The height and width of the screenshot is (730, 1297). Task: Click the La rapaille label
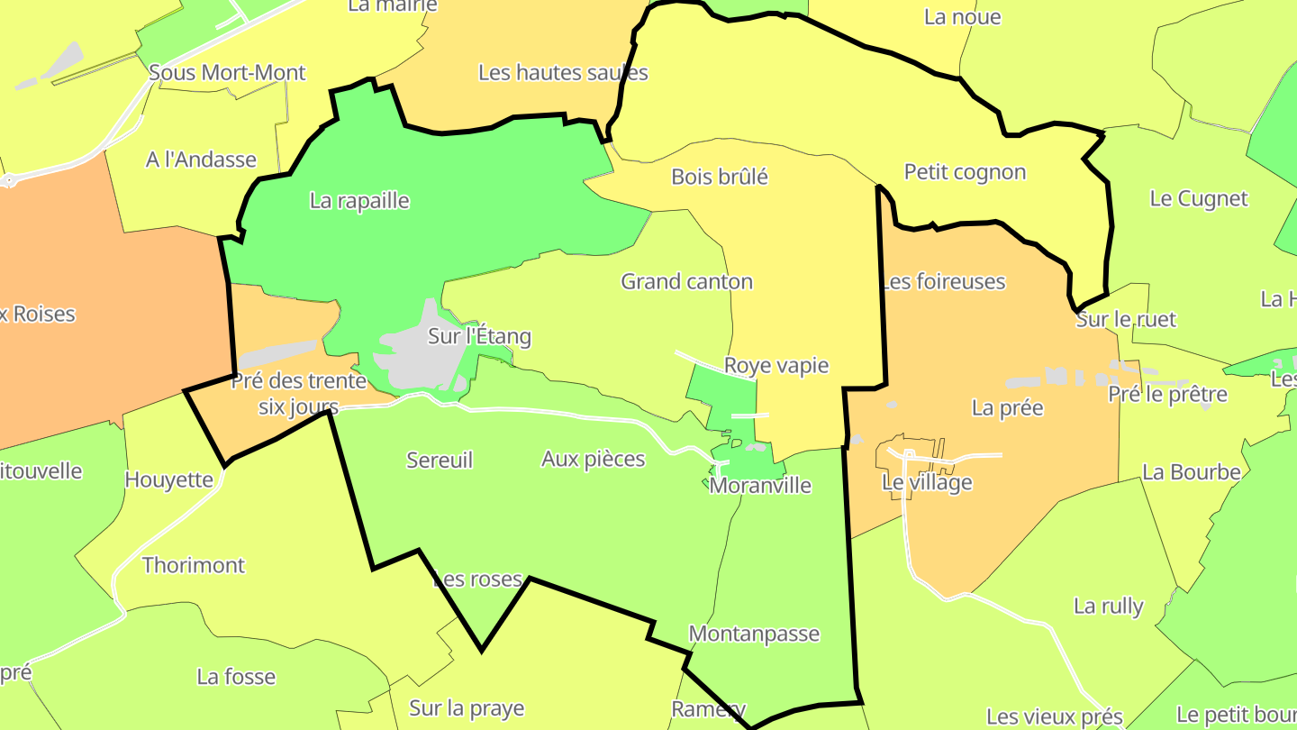tap(359, 201)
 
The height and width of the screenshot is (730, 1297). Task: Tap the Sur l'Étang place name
tap(479, 337)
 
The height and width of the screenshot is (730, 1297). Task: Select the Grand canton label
tap(686, 282)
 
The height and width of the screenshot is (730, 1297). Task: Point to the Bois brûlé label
tap(720, 177)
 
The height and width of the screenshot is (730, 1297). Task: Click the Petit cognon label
tap(965, 172)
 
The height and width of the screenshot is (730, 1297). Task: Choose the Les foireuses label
tap(943, 282)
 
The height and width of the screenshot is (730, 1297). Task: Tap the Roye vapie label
tap(776, 366)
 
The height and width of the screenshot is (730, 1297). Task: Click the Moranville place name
tap(760, 486)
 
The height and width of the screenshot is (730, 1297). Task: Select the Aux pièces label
tap(594, 460)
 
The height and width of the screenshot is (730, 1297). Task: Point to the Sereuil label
tap(440, 461)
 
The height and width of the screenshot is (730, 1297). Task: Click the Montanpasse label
tap(754, 634)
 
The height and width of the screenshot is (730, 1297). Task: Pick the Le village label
tap(927, 482)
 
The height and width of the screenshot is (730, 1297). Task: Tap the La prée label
tap(1007, 408)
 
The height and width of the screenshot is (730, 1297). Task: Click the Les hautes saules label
tap(563, 73)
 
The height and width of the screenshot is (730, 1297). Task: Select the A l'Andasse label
tap(201, 160)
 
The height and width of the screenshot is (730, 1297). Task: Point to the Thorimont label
tap(194, 566)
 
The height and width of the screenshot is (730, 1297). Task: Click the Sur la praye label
tap(467, 708)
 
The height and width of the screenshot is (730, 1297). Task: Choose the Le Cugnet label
tap(1199, 199)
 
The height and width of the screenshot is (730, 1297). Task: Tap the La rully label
tap(1108, 607)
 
